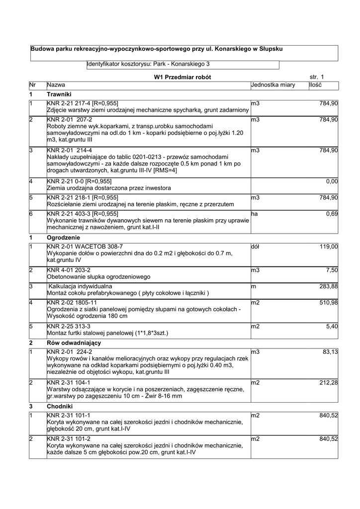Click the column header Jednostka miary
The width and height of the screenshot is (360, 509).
(x=273, y=85)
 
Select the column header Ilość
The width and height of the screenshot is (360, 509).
(x=315, y=85)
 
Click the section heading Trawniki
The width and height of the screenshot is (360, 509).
(x=59, y=94)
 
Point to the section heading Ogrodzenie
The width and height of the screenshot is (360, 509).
(x=63, y=237)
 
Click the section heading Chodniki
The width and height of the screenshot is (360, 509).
(x=59, y=406)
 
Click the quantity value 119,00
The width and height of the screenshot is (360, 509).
(x=329, y=246)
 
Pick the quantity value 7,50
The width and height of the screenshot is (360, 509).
(x=332, y=270)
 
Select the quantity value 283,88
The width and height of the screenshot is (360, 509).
(x=329, y=286)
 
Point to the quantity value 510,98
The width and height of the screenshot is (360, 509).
(x=329, y=303)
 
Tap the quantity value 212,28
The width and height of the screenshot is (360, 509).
(x=329, y=382)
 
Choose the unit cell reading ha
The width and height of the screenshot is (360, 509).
(x=254, y=214)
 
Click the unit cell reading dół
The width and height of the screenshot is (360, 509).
(x=255, y=246)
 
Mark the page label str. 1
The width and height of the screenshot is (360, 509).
(x=316, y=77)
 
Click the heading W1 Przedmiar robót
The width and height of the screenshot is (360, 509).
(x=182, y=77)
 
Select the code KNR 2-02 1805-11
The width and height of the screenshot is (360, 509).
(x=72, y=303)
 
